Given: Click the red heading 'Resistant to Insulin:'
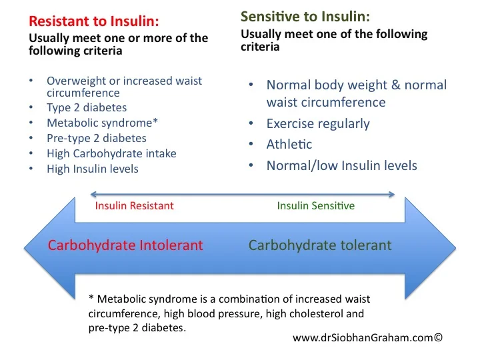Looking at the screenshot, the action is pyautogui.click(x=94, y=21).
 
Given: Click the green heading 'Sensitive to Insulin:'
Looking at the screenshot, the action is pyautogui.click(x=305, y=17).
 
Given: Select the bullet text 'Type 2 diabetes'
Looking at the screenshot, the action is pyautogui.click(x=87, y=108).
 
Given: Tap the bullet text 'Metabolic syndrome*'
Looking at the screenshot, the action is pyautogui.click(x=102, y=123).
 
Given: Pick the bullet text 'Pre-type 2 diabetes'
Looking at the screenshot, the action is pyautogui.click(x=97, y=139).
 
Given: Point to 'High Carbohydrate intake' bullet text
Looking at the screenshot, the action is pyautogui.click(x=111, y=154).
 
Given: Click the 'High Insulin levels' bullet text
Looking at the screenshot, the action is pyautogui.click(x=93, y=169).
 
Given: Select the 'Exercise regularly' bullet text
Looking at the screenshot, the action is pyautogui.click(x=318, y=124).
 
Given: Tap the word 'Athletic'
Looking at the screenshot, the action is pyautogui.click(x=289, y=144).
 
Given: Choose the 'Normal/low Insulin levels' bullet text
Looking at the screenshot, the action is pyautogui.click(x=341, y=165).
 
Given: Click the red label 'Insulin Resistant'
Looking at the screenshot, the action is pyautogui.click(x=135, y=206).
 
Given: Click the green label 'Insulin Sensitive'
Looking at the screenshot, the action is pyautogui.click(x=316, y=206).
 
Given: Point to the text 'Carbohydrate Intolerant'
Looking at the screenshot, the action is pyautogui.click(x=125, y=245).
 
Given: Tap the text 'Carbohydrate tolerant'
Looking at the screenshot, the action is pyautogui.click(x=320, y=245).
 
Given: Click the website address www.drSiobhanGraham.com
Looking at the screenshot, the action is pyautogui.click(x=363, y=338).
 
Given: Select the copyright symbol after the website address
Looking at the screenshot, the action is pyautogui.click(x=439, y=337).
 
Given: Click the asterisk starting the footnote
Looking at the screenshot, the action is pyautogui.click(x=91, y=297).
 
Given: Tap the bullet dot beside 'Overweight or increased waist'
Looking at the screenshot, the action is pyautogui.click(x=31, y=81).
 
